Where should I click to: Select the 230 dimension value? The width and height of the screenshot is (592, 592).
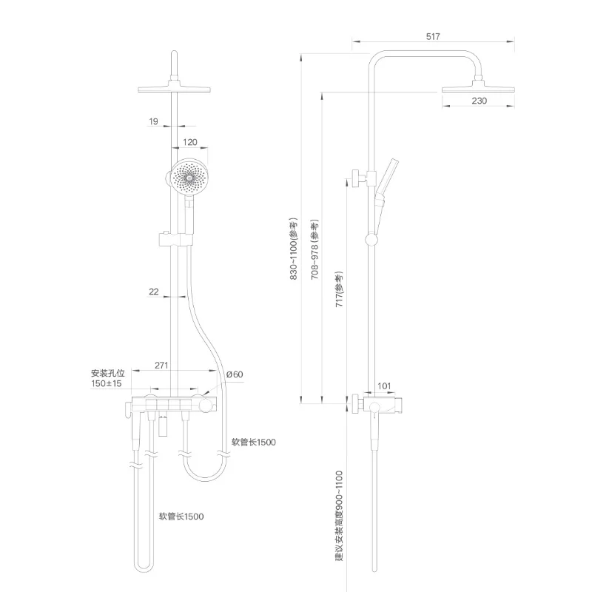coord(478,101)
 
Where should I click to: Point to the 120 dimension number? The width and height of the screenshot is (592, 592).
coord(190,141)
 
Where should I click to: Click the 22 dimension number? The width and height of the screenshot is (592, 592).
coord(154,292)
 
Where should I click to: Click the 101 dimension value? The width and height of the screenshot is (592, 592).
coord(384,386)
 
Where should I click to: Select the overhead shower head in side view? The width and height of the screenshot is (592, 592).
coord(478,90)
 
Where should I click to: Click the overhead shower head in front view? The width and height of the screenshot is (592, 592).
coord(174,89)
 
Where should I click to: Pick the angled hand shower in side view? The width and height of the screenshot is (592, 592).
coord(386,186)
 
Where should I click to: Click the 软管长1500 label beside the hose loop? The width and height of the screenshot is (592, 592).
coord(253,442)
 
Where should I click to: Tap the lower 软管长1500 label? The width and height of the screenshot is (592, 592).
coord(181,516)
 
